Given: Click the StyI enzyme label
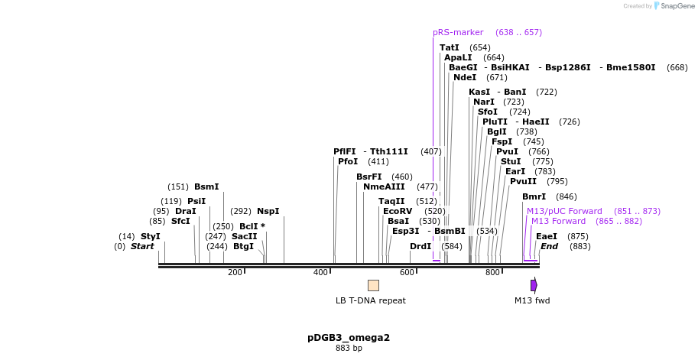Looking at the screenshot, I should coord(150,236).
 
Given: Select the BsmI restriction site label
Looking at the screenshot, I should coord(206,186).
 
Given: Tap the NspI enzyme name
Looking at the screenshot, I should coord(268,211).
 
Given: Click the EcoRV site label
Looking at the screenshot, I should coord(398,211).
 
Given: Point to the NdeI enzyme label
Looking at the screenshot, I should coord(465,77).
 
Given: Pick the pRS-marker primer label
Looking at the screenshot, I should coord(458,32).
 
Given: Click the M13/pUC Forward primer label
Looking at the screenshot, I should coord(564,211).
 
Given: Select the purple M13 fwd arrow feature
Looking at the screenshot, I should coord(534,285).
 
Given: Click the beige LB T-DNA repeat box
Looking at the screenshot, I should coord(373,285).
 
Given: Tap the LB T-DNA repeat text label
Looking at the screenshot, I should coord(371,300).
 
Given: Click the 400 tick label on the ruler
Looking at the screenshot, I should coord(320,272).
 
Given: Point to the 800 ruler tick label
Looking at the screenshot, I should coord(492,272).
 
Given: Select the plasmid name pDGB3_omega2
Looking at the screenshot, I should coord(349,337).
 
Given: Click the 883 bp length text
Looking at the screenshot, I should coord(349,349).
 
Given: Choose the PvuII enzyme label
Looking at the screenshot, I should coord(523,181).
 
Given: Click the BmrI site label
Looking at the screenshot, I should coord(534,196).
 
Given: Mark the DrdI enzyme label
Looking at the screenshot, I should coord(420,246).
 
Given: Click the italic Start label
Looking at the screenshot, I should coord(142,246).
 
